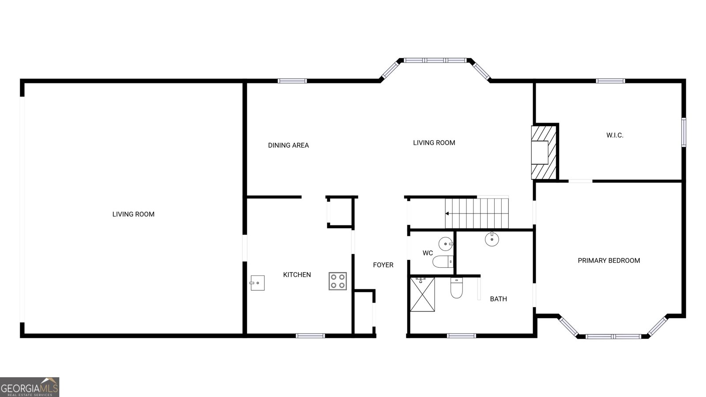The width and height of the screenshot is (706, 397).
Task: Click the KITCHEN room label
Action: (297, 275)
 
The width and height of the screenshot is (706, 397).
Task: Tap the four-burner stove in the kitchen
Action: (338, 281)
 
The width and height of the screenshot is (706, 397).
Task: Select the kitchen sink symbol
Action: (257, 283)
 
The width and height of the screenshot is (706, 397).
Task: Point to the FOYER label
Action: (383, 265)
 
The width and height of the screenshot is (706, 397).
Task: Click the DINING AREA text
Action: (289, 145)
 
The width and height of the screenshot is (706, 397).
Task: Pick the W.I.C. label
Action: (615, 135)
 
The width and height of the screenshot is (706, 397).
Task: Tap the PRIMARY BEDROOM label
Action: (609, 261)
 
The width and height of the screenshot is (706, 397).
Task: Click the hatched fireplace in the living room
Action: (544, 153)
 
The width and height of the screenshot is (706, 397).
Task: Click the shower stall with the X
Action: (422, 294)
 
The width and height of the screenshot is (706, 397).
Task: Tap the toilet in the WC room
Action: (443, 262)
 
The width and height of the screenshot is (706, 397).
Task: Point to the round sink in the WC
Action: (446, 243)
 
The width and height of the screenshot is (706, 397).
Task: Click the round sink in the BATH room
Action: (492, 239)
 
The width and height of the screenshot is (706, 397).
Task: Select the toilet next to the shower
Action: (456, 288)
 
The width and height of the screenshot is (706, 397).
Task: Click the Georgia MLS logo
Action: (30, 387)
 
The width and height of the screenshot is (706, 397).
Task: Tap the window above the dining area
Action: (292, 81)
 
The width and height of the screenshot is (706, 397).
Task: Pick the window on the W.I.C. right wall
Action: (683, 132)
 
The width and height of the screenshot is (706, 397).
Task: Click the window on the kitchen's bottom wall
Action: (310, 336)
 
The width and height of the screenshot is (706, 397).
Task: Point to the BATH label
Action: (498, 299)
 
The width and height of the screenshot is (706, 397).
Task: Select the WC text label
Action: (428, 253)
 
